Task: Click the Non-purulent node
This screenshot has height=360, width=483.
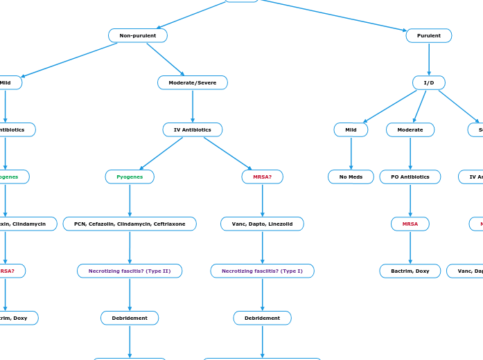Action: (138, 35)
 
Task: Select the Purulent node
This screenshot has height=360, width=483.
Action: (428, 35)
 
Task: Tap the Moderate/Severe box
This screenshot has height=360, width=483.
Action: (193, 82)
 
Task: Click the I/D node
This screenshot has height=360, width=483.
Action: (428, 82)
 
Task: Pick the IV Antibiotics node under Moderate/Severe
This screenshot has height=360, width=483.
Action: (193, 129)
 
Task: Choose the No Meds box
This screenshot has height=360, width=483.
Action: (351, 177)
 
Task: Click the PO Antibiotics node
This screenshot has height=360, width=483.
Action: (410, 177)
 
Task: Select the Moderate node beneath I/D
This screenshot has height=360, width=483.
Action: (410, 129)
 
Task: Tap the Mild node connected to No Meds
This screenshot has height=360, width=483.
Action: (351, 129)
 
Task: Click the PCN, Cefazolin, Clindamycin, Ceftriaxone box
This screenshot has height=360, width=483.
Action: (130, 224)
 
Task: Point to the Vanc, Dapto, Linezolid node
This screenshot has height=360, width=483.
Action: (262, 224)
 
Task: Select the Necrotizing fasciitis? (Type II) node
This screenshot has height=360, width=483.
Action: (130, 271)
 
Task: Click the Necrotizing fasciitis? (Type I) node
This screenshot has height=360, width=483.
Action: (262, 271)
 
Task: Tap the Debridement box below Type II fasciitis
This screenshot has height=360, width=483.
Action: (130, 318)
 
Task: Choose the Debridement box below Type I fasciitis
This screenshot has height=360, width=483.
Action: (262, 318)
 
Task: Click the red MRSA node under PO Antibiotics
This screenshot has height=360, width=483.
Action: (410, 224)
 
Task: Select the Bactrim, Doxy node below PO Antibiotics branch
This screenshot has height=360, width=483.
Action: (410, 271)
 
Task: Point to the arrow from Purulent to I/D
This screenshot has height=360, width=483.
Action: (429, 59)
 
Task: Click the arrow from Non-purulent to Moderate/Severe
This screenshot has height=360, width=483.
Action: (166, 59)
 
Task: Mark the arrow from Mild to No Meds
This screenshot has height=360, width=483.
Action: (351, 153)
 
